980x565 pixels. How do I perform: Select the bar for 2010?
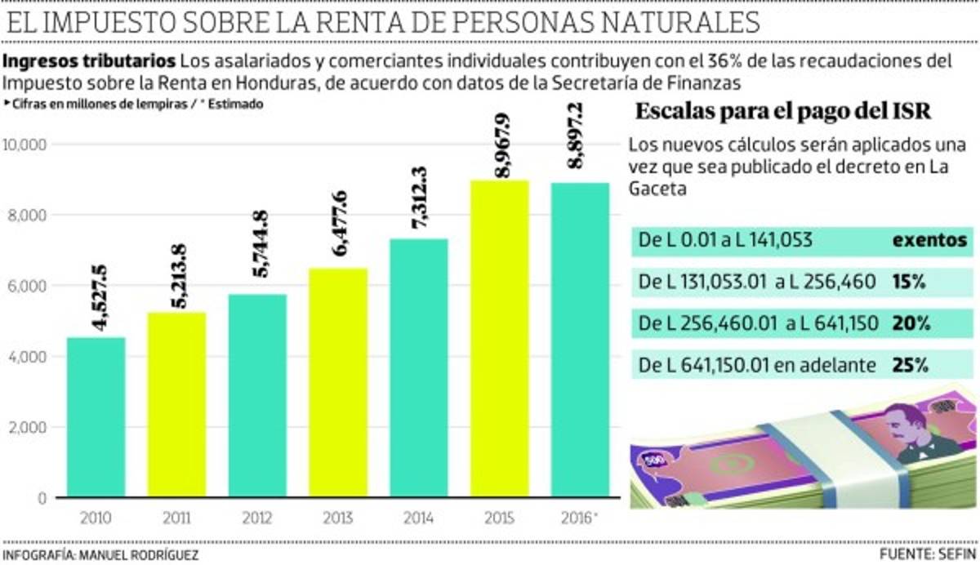point(96,416)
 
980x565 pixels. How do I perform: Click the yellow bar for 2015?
point(500,338)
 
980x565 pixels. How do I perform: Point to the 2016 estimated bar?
point(580,339)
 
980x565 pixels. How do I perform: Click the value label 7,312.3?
point(419,202)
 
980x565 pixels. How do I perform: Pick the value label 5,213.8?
point(176,276)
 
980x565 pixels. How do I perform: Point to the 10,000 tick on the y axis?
point(27,145)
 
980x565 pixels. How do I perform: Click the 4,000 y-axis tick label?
point(29,357)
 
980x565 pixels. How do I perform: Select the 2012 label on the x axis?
point(257,518)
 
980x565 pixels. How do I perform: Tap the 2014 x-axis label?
point(419,518)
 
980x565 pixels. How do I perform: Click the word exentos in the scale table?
point(929,241)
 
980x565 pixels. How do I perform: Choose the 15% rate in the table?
point(908,282)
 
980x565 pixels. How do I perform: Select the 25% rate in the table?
point(910,365)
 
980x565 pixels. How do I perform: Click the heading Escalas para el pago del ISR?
point(782,112)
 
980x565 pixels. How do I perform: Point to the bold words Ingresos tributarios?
point(89,62)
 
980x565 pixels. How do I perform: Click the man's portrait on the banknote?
point(914,429)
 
